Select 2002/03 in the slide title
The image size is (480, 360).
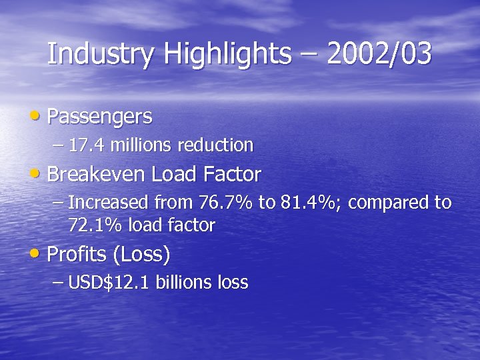coord(379,55)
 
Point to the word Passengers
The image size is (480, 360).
coord(100,117)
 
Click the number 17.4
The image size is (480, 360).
coord(85,145)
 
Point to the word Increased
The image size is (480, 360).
coord(109,203)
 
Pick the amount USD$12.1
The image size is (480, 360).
coord(110,283)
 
